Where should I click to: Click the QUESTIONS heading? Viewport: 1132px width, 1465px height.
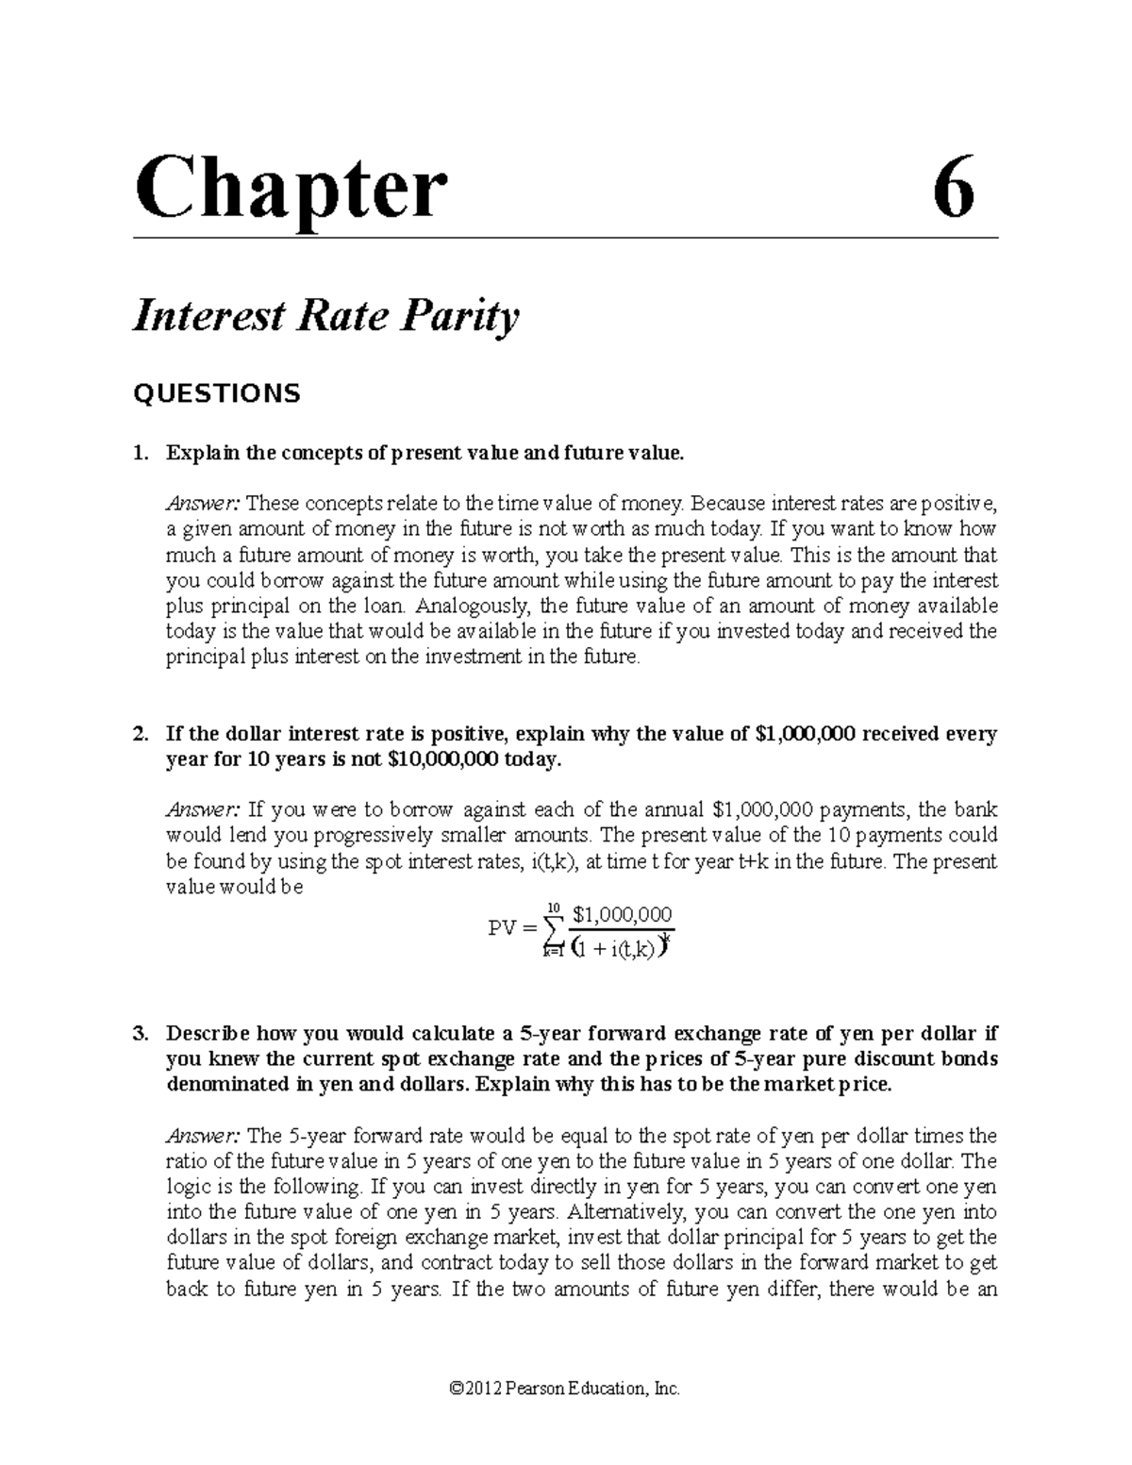tap(217, 393)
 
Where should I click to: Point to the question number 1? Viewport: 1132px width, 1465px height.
tap(140, 453)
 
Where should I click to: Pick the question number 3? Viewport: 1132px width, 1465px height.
tap(140, 1033)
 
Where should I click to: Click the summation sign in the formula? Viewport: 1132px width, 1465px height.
tap(553, 931)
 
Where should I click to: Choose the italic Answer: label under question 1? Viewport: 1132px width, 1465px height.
tap(202, 504)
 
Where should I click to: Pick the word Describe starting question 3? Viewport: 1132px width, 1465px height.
tap(208, 1033)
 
